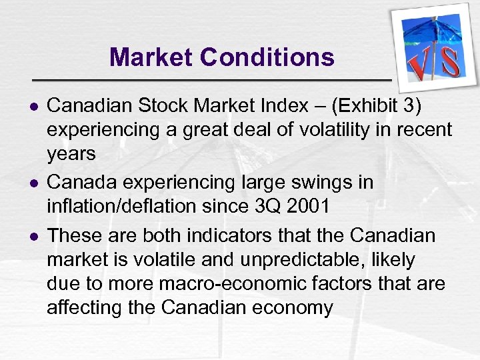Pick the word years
[71, 154]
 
